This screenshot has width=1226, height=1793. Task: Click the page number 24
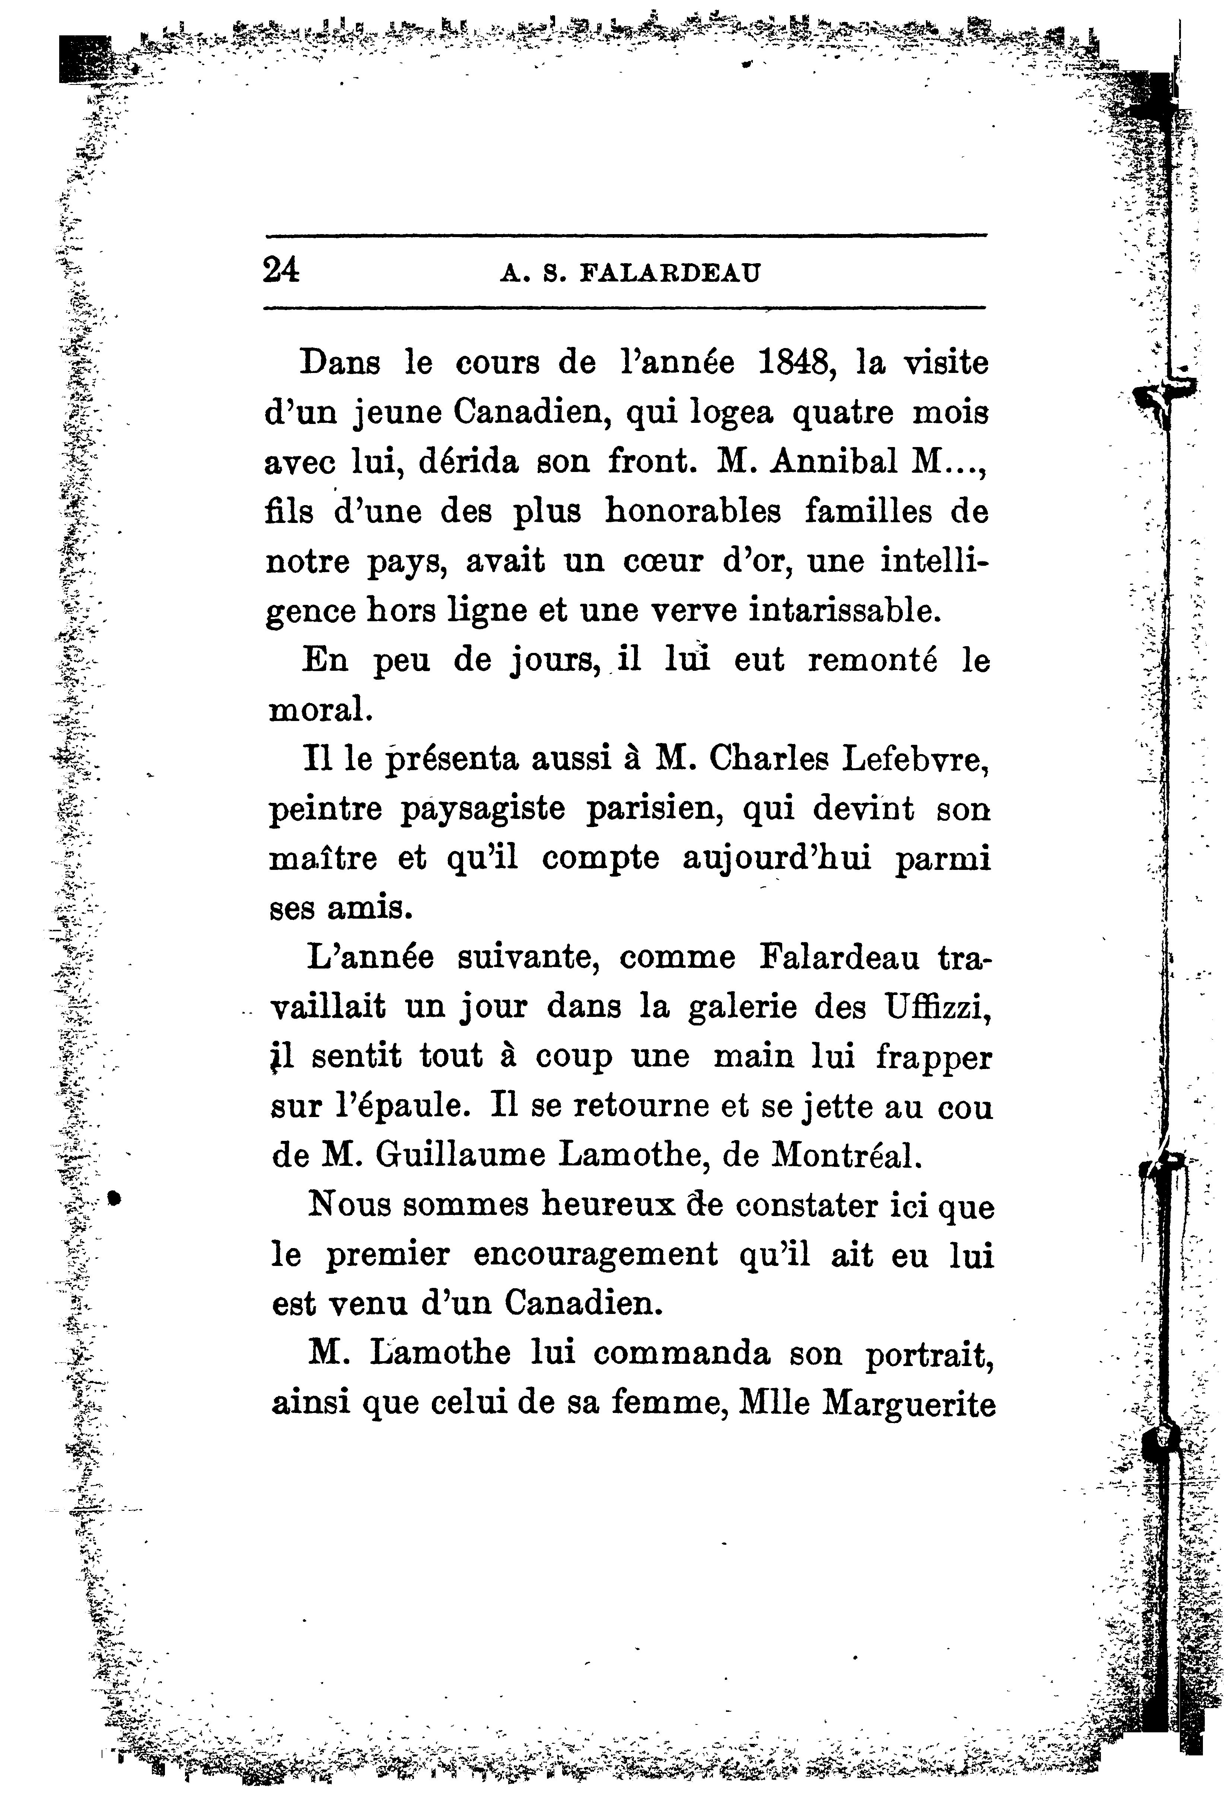pyautogui.click(x=281, y=271)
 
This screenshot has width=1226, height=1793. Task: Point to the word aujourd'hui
pyautogui.click(x=777, y=859)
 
